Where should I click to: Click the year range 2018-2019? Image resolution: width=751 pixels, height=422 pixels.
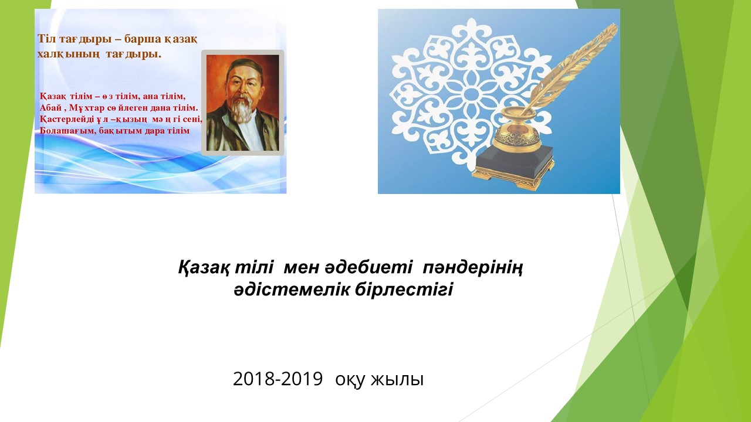tap(278, 379)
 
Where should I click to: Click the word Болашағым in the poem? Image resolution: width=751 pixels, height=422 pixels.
tap(67, 131)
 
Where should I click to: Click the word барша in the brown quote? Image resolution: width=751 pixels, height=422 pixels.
tap(142, 39)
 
